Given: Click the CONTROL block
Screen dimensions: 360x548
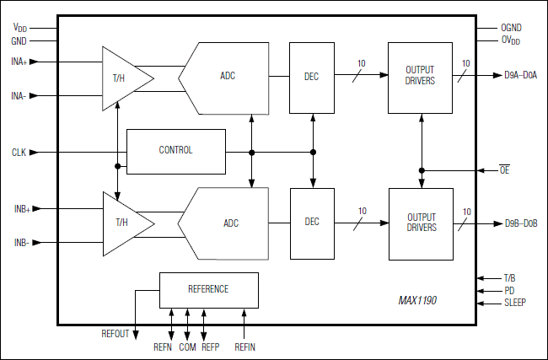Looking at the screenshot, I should click(175, 151).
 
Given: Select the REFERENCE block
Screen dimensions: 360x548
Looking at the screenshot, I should click(208, 289).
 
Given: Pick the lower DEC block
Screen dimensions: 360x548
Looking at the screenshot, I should click(312, 223).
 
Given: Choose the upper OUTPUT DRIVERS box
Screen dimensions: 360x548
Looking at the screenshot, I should click(420, 77).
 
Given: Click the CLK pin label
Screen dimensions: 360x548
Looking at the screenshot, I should click(19, 153).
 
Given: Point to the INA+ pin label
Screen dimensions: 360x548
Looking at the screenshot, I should click(19, 62).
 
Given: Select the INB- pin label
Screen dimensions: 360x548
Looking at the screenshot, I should click(20, 243).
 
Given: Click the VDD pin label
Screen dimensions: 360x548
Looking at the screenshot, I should click(19, 28).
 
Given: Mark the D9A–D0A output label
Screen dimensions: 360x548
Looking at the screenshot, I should click(521, 76).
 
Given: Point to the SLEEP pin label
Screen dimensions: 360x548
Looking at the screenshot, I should click(515, 302).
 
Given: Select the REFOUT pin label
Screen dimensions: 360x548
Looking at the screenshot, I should click(116, 334).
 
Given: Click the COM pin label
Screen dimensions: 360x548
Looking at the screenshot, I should click(187, 347).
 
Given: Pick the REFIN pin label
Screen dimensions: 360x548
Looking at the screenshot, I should click(244, 347).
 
